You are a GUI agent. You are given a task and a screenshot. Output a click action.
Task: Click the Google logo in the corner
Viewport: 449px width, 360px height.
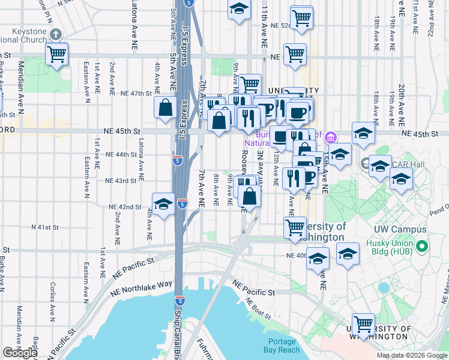point(20,353)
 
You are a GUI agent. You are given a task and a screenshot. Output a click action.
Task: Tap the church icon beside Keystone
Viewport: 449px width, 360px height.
point(56,34)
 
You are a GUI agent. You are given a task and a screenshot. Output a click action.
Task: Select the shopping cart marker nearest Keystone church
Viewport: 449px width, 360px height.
point(56,55)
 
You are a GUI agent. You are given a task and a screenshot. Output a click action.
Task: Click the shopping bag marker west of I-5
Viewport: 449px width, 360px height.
point(165,108)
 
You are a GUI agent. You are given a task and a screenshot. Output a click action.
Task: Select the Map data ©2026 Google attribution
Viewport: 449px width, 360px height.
point(412,355)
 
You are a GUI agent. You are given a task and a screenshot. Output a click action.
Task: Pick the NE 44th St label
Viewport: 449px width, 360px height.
point(121,154)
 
